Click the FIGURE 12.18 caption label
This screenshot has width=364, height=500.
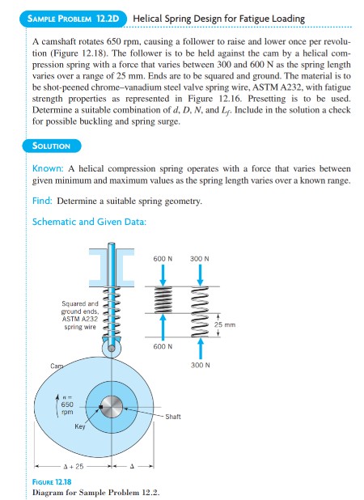(54, 482)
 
